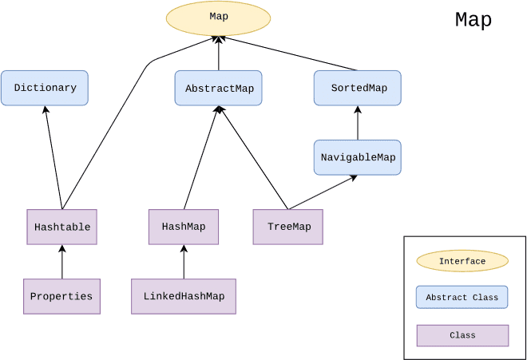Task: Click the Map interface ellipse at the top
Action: click(x=218, y=18)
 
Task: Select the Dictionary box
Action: click(x=45, y=88)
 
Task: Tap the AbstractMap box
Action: click(x=219, y=88)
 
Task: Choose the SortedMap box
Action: click(x=357, y=88)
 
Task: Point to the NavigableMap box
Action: click(x=357, y=157)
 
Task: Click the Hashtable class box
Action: click(x=61, y=227)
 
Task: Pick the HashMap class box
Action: click(x=184, y=227)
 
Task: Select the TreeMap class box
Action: click(x=288, y=227)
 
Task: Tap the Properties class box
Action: click(x=61, y=296)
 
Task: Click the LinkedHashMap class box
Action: click(x=184, y=296)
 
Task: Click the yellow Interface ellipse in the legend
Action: click(x=462, y=261)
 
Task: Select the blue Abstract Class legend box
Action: click(x=462, y=298)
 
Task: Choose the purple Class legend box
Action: click(x=462, y=335)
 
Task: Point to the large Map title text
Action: click(x=474, y=20)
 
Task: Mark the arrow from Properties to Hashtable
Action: click(x=61, y=262)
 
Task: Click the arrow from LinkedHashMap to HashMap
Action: click(x=184, y=262)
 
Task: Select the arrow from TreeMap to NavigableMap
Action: click(x=323, y=192)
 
